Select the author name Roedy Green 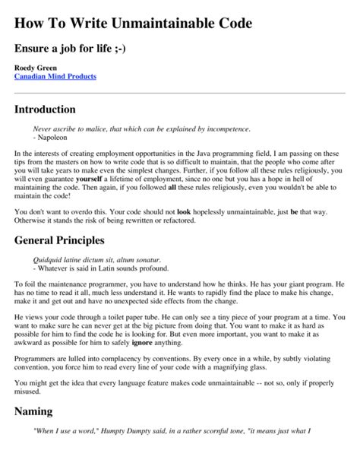click(34, 68)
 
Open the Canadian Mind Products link click(55, 78)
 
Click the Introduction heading click(45, 109)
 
